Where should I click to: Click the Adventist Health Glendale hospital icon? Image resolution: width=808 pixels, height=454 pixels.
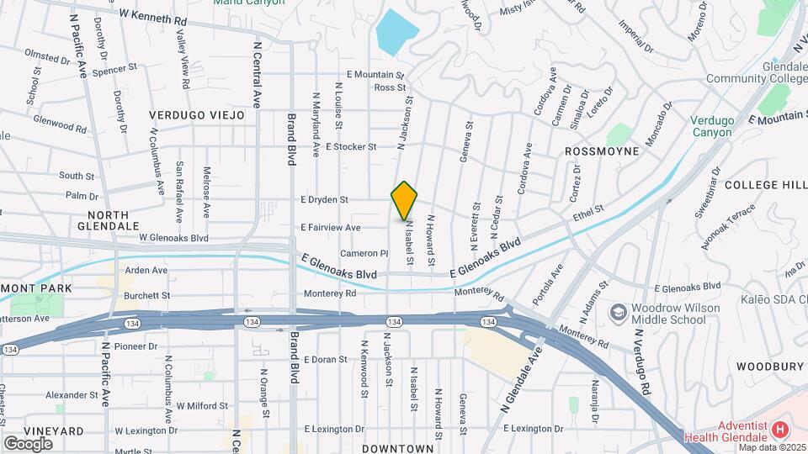(x=779, y=430)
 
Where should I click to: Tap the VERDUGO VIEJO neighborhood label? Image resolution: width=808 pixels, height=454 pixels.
(x=197, y=114)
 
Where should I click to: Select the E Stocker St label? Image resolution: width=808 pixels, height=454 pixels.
(x=350, y=146)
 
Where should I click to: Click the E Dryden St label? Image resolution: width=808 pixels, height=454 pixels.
(x=324, y=200)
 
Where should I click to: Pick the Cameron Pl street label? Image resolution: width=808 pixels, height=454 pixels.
(x=364, y=253)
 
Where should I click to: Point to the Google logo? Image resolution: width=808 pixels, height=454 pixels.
(x=28, y=443)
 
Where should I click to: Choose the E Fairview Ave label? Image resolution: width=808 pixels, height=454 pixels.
(x=330, y=228)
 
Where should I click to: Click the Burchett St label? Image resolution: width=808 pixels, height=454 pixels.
(x=147, y=296)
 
